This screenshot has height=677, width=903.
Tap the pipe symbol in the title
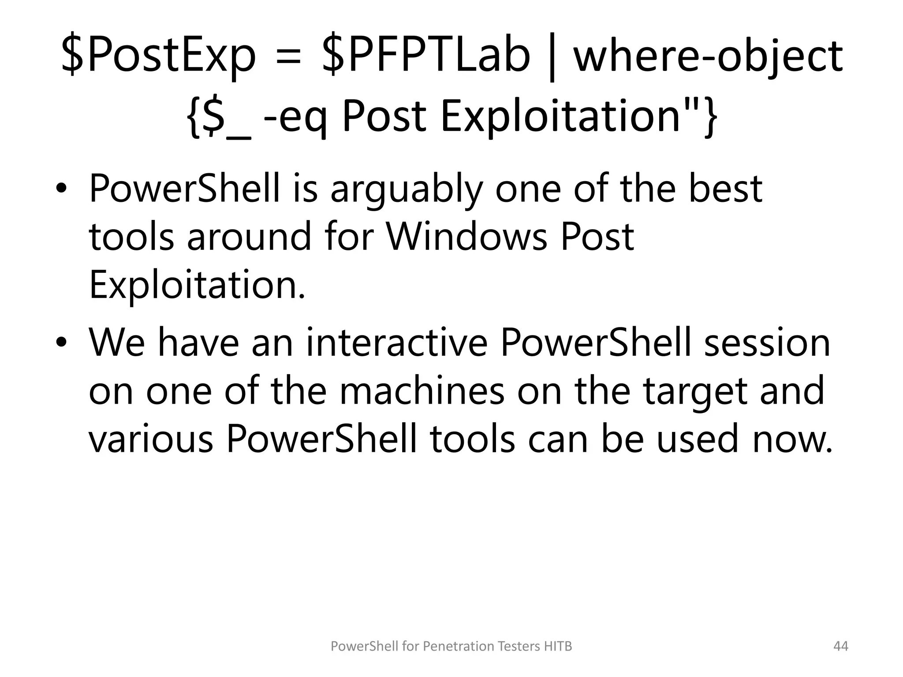pos(551,57)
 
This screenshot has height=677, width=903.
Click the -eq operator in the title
pos(296,117)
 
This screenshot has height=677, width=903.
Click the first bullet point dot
pos(61,190)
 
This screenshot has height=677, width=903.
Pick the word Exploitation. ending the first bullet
pos(197,285)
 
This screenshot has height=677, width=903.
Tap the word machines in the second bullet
pos(422,391)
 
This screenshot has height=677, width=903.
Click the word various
pos(151,439)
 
